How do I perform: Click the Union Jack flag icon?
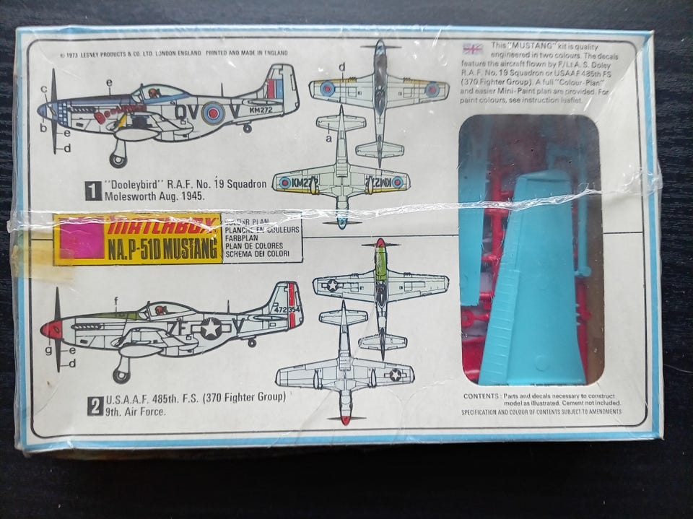473,49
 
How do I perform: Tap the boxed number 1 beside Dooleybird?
93,191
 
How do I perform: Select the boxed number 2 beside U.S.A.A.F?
95,406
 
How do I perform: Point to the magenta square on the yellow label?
80,240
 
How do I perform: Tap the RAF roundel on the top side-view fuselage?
213,112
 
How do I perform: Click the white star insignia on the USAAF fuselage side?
210,328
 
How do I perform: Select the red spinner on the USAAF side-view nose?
51,330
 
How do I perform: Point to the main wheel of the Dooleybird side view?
118,158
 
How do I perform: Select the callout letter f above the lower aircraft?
115,300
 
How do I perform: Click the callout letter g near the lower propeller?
48,351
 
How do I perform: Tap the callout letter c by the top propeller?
44,90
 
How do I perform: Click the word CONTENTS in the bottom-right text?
481,396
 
